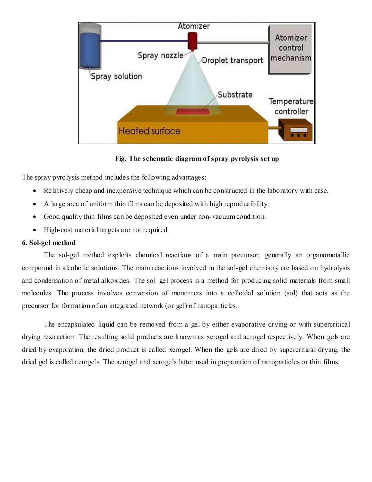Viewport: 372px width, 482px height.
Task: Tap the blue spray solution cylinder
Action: point(90,48)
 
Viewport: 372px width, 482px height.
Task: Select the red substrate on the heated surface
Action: point(193,112)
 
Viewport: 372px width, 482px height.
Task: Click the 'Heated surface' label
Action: point(149,131)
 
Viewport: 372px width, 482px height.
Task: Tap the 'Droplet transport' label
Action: point(232,61)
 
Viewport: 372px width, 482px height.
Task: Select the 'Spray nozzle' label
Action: point(160,55)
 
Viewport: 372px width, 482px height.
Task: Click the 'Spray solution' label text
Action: point(116,76)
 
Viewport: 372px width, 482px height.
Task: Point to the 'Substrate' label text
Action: point(235,95)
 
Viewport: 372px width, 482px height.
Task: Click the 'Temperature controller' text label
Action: point(291,106)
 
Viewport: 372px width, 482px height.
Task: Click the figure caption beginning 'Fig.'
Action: point(197,159)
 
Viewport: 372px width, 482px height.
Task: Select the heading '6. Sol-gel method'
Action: point(49,243)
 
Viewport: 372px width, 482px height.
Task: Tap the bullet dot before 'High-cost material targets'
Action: point(35,230)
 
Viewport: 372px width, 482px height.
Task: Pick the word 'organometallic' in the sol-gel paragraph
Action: point(328,255)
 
